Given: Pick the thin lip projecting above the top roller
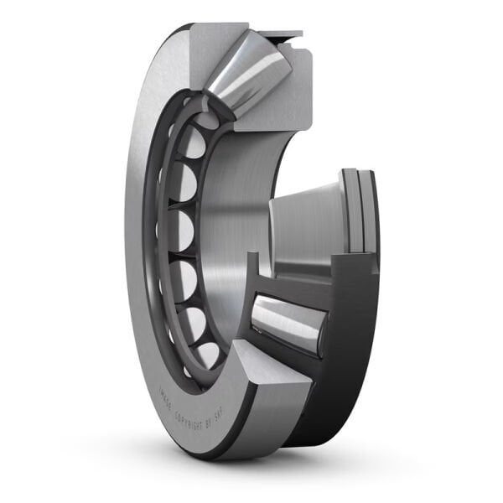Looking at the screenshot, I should pyautogui.click(x=282, y=34).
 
